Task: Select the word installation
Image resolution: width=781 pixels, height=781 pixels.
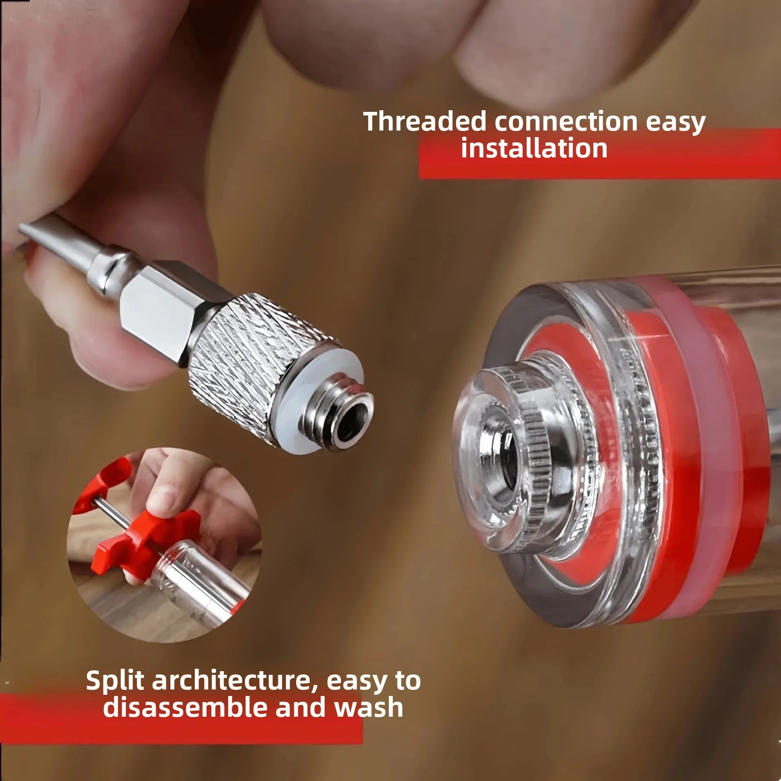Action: (534, 148)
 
